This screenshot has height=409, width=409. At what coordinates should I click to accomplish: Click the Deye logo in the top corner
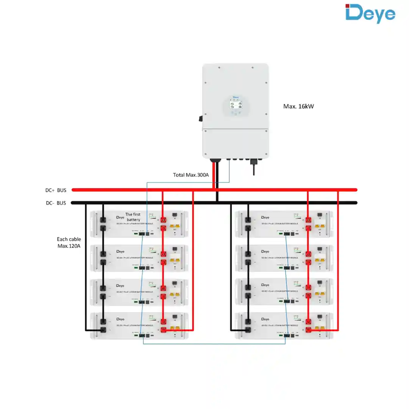[370, 14]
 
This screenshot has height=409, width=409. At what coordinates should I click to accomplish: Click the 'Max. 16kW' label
[298, 106]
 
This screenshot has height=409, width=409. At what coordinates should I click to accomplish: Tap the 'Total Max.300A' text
[191, 175]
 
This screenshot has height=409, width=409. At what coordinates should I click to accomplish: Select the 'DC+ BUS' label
[56, 190]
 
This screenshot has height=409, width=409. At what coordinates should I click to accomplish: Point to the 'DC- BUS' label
[56, 203]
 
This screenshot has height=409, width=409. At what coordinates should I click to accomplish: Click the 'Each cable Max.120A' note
[69, 242]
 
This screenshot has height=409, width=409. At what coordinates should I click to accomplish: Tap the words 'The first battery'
[133, 217]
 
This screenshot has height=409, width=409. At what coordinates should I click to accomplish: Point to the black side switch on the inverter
[201, 118]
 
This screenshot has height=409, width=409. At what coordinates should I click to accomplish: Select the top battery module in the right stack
[283, 224]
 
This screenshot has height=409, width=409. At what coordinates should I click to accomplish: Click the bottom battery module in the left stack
[139, 326]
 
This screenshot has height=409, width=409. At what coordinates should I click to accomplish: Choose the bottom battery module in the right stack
[283, 326]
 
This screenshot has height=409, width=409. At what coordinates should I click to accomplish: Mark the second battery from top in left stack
[139, 258]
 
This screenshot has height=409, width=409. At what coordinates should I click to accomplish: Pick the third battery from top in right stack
[283, 292]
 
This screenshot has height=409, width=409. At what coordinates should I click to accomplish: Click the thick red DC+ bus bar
[288, 190]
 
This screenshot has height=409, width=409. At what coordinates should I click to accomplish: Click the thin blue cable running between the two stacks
[214, 344]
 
